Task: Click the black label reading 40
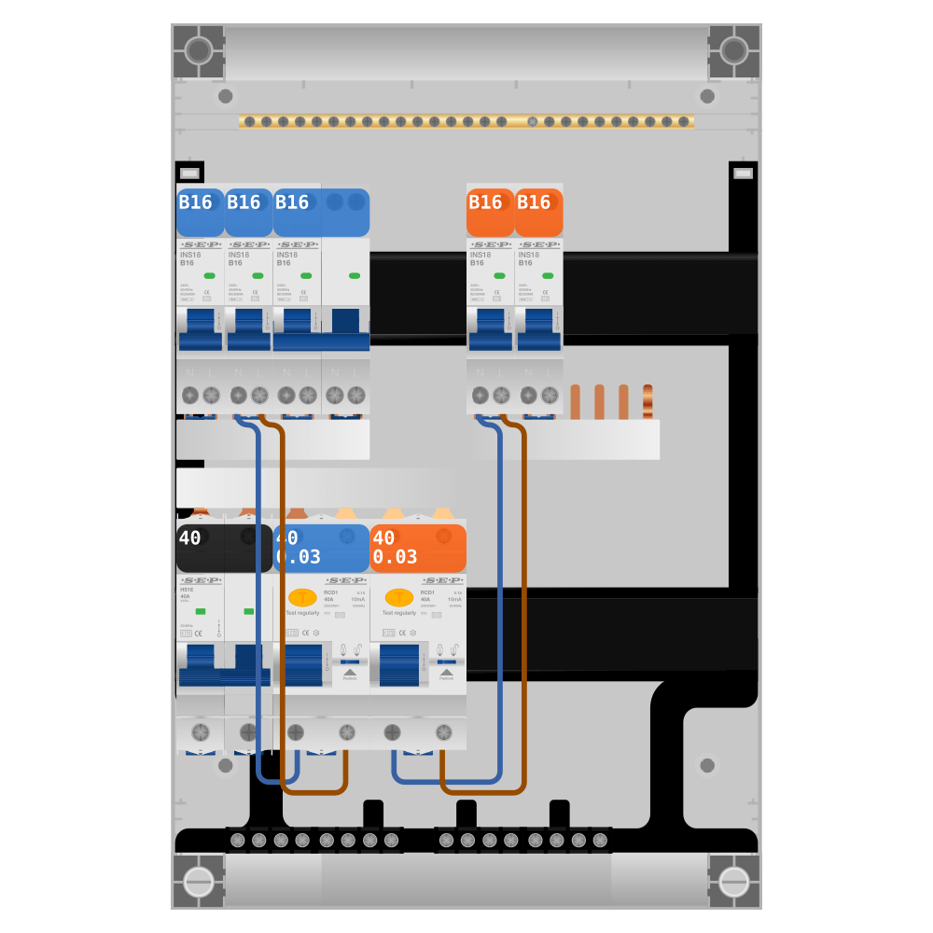[x=224, y=548]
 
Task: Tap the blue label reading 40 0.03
[x=321, y=548]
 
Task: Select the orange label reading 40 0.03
[x=418, y=548]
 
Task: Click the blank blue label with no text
[x=346, y=212]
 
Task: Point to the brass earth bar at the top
[x=466, y=121]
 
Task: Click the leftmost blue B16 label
[x=200, y=212]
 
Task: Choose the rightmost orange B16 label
[x=539, y=212]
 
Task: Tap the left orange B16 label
[x=491, y=212]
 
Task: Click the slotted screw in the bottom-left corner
[x=199, y=882]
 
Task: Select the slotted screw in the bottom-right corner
[x=734, y=882]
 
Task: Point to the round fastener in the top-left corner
[x=199, y=50]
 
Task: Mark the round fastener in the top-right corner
[x=734, y=50]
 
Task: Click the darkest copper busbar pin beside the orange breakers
[x=648, y=402]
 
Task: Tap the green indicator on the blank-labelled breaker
[x=355, y=275]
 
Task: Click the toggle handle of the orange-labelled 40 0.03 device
[x=399, y=664]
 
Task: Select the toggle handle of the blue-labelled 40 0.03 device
[x=303, y=664]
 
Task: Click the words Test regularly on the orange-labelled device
[x=399, y=613]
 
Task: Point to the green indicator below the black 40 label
[x=201, y=611]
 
